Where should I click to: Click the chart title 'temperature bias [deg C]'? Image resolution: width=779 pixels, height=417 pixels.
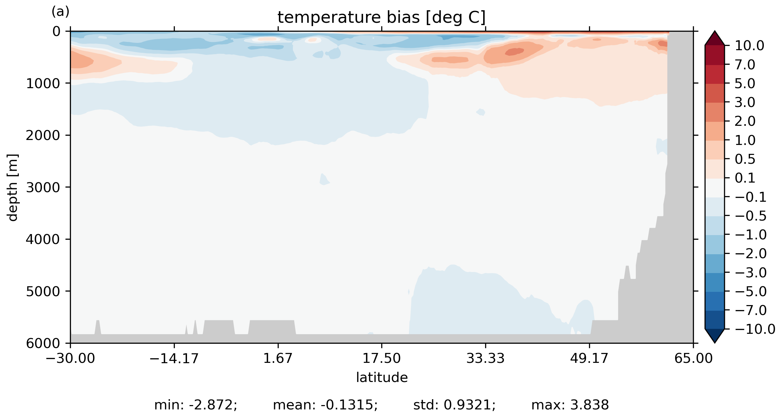point(382,17)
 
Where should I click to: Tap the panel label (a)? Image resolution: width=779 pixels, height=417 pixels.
point(60,12)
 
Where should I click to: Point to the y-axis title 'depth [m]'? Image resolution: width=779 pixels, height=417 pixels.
point(13,187)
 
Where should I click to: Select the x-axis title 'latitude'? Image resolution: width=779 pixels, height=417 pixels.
point(382,377)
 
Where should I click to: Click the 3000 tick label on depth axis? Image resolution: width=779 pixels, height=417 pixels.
point(43,188)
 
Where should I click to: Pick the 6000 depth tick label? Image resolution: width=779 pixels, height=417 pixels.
point(43,343)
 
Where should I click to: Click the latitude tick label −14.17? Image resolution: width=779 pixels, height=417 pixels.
point(174,358)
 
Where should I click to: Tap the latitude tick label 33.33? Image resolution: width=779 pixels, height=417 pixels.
point(485,358)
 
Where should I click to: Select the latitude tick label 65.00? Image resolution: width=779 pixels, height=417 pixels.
point(693,358)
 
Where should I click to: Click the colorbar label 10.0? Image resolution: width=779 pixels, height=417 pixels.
point(749,46)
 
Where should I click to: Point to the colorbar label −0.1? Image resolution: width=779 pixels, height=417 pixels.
point(751,197)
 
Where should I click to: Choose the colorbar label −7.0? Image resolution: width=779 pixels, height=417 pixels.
point(751,310)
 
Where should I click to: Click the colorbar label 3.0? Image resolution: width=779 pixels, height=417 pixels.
point(745,103)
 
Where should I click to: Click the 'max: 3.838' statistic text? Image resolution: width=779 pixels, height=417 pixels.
point(570,405)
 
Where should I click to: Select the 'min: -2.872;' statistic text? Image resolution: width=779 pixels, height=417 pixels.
point(196,405)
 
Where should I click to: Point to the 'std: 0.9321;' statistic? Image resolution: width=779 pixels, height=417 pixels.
point(454,405)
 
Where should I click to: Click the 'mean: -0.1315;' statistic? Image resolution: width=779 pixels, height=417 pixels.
point(325,405)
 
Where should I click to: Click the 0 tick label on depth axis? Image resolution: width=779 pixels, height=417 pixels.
point(57,32)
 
